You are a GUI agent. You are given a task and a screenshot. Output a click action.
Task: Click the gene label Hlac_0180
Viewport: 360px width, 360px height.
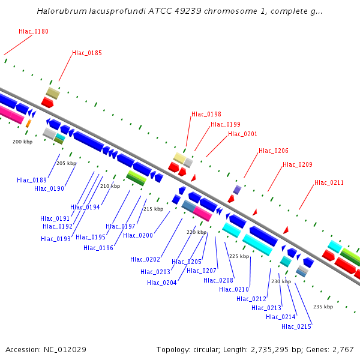click(x=34, y=31)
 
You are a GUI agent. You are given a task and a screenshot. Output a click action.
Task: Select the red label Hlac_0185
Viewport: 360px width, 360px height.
click(x=87, y=53)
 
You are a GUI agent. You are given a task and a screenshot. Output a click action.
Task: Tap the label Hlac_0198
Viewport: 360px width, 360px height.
click(x=206, y=114)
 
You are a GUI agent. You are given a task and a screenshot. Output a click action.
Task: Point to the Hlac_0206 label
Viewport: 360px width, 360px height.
click(x=274, y=151)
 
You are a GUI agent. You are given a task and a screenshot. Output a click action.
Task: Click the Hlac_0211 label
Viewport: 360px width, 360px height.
click(x=329, y=182)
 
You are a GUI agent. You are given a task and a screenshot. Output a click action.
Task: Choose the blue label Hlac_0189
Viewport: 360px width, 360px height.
click(x=32, y=180)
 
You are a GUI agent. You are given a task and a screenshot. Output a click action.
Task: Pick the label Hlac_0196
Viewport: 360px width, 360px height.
click(x=98, y=248)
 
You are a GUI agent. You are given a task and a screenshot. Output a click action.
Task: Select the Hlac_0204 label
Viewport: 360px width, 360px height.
click(x=162, y=283)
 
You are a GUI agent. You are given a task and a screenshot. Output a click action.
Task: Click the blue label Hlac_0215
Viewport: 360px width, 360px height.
click(x=296, y=326)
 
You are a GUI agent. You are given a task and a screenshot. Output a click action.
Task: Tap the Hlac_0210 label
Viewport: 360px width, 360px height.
click(x=234, y=289)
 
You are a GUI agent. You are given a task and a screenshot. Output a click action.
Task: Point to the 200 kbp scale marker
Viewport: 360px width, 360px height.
click(x=22, y=142)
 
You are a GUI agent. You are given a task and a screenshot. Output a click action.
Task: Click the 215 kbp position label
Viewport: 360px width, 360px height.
click(x=153, y=209)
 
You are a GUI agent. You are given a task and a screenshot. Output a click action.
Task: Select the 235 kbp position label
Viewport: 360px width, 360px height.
click(x=323, y=307)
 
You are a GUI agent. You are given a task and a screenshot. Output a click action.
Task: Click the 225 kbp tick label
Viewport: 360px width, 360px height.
click(x=239, y=256)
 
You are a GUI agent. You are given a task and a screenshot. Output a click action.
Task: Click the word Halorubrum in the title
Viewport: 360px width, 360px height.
click(x=59, y=11)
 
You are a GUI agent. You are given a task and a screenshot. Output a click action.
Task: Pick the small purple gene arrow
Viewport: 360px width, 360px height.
click(x=237, y=190)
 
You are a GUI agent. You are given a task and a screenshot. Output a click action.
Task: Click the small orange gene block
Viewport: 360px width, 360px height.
click(x=28, y=123)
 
